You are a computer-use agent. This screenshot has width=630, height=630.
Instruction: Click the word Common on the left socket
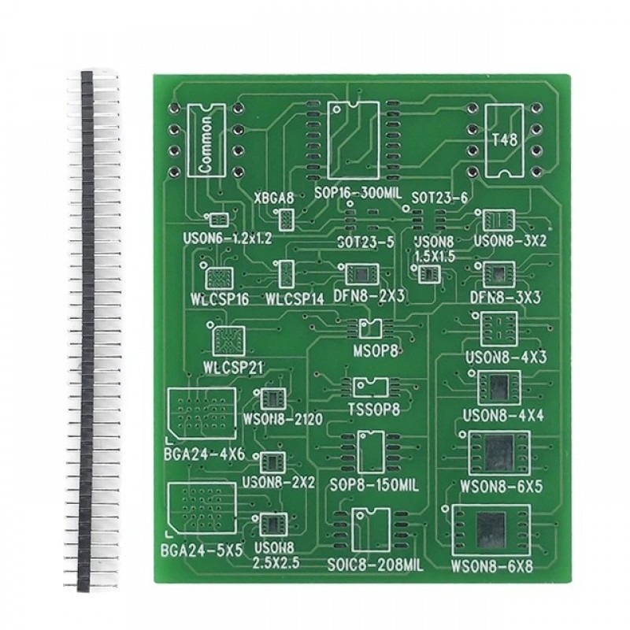(206, 145)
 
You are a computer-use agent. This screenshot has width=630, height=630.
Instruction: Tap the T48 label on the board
(505, 140)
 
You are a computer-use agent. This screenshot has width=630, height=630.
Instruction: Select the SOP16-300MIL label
(358, 193)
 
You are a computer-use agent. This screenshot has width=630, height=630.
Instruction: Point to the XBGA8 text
(273, 198)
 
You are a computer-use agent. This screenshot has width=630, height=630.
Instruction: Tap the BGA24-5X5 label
(202, 550)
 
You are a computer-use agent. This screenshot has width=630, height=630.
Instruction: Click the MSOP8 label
(376, 351)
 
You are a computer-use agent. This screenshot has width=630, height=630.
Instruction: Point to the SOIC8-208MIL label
(375, 565)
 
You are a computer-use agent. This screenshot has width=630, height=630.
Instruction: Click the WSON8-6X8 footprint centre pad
(491, 530)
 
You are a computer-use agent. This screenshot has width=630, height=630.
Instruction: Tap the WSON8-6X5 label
(501, 487)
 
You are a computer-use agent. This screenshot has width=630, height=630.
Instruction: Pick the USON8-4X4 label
(503, 416)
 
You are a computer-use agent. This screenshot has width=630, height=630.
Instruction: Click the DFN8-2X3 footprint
(361, 274)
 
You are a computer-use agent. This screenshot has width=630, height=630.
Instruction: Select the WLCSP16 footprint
(219, 278)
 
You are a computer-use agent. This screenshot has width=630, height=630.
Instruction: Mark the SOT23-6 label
(440, 198)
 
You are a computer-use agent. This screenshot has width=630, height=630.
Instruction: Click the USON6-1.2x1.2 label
(228, 239)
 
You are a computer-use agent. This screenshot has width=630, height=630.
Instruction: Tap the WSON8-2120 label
(283, 419)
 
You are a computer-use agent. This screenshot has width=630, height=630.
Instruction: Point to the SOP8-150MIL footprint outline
(370, 452)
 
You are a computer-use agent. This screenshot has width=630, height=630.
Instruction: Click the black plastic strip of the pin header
(86, 332)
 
